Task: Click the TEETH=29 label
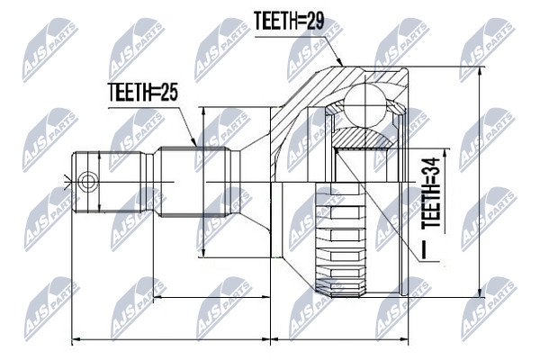pyautogui.click(x=289, y=21)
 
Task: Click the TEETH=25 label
pyautogui.click(x=142, y=93)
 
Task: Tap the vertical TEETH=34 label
pyautogui.click(x=431, y=193)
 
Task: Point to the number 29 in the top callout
pyautogui.click(x=313, y=21)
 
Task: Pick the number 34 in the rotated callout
pyautogui.click(x=431, y=167)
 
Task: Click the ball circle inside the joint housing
pyautogui.click(x=365, y=103)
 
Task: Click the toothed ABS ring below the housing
pyautogui.click(x=340, y=240)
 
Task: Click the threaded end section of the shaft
pyautogui.click(x=108, y=182)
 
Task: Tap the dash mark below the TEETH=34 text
pyautogui.click(x=424, y=249)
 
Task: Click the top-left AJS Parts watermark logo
pyautogui.click(x=50, y=50)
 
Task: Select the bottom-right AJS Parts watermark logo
pyautogui.click(x=490, y=309)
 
